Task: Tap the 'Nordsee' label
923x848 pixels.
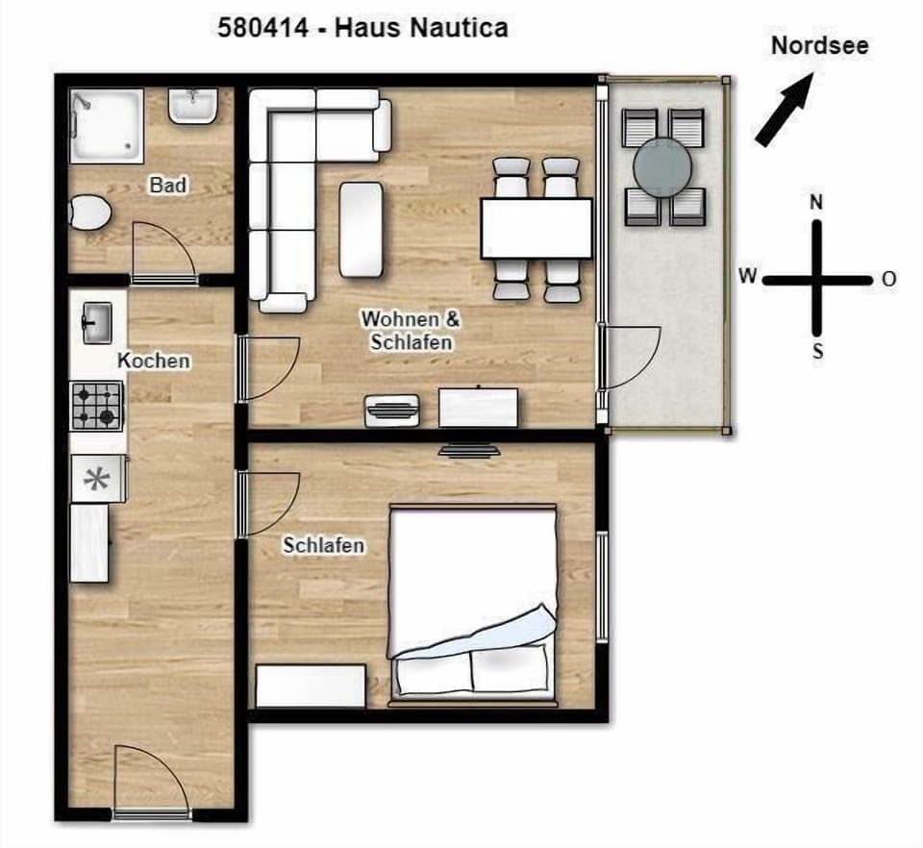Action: [x=819, y=45]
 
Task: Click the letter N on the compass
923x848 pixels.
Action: [x=816, y=202]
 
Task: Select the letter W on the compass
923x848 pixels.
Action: [x=746, y=277]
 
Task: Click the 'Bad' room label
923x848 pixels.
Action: [x=168, y=185]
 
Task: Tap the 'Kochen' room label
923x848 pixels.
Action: [x=154, y=361]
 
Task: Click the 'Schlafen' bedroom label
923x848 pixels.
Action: [x=324, y=545]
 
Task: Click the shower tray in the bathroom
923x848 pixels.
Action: [x=107, y=124]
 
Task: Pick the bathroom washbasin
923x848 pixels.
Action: [x=193, y=106]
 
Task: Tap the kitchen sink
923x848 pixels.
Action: [x=96, y=322]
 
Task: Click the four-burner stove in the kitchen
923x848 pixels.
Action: [x=97, y=405]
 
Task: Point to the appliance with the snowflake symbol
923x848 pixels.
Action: [x=97, y=479]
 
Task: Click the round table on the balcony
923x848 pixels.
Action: [x=663, y=166]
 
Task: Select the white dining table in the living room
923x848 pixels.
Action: [x=536, y=228]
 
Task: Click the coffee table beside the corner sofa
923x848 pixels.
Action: [x=362, y=229]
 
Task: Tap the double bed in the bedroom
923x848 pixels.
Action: [x=472, y=601]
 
